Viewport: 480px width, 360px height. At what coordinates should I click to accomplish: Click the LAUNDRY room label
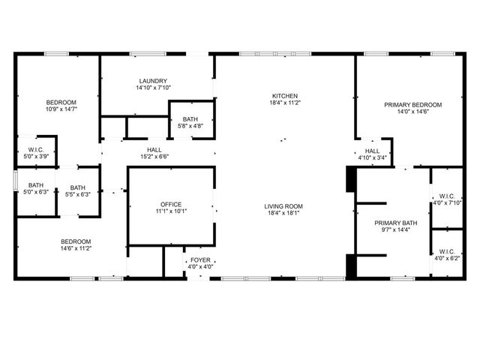(x=153, y=81)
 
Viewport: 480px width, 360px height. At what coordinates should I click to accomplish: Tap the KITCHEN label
(x=285, y=96)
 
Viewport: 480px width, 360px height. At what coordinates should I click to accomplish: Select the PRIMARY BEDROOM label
(x=412, y=105)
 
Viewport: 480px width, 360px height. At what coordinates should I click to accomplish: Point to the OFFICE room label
(x=171, y=204)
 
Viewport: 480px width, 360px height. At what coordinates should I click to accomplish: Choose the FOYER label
(x=200, y=259)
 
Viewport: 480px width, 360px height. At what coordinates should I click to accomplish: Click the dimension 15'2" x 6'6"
(x=154, y=157)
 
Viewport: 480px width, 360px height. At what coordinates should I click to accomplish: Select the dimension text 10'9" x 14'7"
(x=61, y=109)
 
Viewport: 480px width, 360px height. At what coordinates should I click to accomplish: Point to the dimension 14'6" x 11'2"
(x=76, y=248)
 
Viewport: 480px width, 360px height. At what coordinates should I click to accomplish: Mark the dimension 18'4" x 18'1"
(x=283, y=213)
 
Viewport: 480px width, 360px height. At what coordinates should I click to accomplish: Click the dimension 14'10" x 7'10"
(x=153, y=88)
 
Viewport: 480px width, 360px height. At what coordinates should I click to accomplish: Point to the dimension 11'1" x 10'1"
(x=171, y=211)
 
